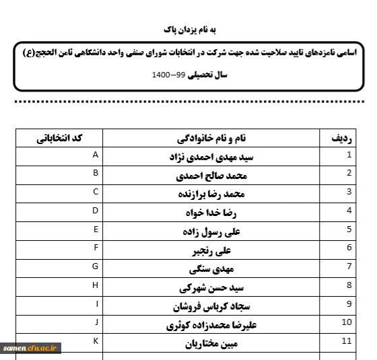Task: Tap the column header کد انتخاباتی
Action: pyautogui.click(x=59, y=138)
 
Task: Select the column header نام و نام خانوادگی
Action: pyautogui.click(x=211, y=139)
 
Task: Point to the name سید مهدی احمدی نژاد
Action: pyautogui.click(x=211, y=158)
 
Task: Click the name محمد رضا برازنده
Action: pyautogui.click(x=211, y=195)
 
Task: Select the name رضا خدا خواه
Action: pyautogui.click(x=211, y=214)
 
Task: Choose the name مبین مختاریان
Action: pyautogui.click(x=211, y=345)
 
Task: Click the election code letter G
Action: pyautogui.click(x=96, y=266)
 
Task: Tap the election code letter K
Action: pyautogui.click(x=96, y=342)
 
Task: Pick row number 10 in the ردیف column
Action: pyautogui.click(x=347, y=322)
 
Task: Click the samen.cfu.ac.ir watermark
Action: pyautogui.click(x=32, y=348)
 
